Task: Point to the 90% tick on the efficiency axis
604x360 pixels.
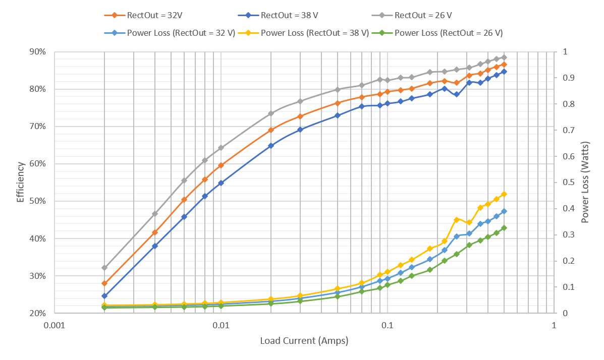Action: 38,51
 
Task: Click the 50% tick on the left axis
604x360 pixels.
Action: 38,201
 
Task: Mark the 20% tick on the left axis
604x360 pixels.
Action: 38,313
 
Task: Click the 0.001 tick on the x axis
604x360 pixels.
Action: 54,325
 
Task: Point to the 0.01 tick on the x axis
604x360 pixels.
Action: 221,325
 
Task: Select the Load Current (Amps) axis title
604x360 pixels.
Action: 304,340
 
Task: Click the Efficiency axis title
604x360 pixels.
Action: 21,182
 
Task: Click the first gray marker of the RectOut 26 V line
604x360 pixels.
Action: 104,268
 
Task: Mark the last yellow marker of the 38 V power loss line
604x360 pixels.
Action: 504,194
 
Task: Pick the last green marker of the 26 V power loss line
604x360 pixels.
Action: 504,228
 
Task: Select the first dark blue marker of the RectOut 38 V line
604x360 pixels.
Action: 104,296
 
